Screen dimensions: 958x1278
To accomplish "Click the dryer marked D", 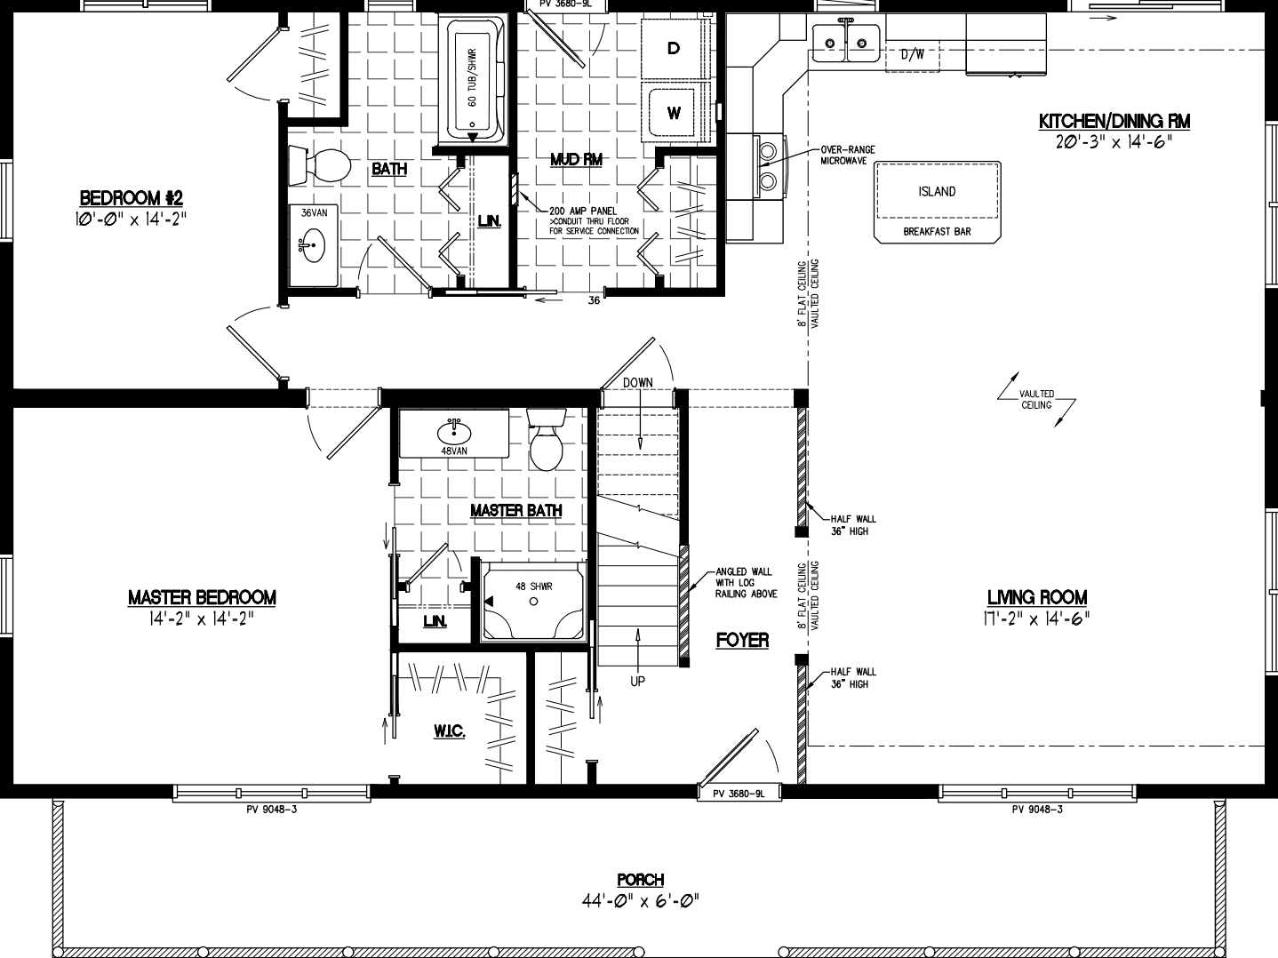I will coord(675,48).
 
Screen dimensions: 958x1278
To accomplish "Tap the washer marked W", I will coord(675,113).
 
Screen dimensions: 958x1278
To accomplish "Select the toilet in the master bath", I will coord(546,440).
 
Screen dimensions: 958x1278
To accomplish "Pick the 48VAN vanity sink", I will coord(453,432).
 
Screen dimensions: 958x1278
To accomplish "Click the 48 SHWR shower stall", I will coord(533,601).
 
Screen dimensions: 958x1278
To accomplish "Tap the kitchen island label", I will coord(937,191).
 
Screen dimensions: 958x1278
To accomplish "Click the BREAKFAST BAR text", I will coord(937,232).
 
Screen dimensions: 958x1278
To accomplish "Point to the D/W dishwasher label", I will coord(912,54).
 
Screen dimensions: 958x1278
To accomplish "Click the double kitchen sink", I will coord(845,41).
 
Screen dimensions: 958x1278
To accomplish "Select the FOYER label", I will coord(742,640).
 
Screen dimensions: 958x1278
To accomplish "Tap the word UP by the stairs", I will coord(637,682).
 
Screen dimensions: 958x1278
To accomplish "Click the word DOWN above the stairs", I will coord(637,382).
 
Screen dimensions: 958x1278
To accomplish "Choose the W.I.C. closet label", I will coord(450,730).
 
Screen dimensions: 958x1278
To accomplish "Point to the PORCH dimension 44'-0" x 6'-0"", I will coord(640,901).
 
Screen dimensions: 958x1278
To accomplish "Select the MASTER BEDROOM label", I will coord(202,597).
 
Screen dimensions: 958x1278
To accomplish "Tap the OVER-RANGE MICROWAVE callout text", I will coord(847,155).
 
